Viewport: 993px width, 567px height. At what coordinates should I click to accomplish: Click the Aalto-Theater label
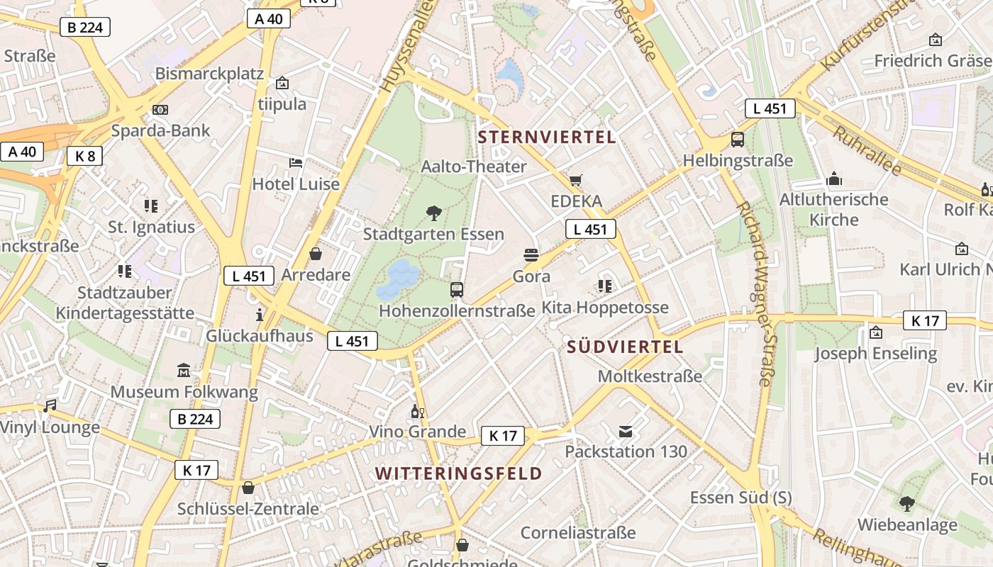click(474, 167)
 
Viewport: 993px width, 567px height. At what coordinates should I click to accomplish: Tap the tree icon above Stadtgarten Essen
click(433, 213)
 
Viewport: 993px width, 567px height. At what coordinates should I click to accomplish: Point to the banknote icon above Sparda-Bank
click(160, 110)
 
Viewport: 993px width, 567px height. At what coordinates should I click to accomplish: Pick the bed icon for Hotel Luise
click(296, 163)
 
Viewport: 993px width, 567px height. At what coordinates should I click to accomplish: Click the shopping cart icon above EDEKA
click(575, 181)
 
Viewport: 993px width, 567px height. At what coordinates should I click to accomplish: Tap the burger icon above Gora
click(531, 255)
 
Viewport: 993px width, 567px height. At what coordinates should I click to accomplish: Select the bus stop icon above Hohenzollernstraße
click(457, 289)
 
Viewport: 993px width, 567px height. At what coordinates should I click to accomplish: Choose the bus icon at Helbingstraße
click(738, 140)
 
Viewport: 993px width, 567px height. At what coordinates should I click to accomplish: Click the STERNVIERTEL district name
click(547, 137)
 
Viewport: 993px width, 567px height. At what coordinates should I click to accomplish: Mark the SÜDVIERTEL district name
click(625, 347)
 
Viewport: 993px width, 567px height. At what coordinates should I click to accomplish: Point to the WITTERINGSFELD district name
click(458, 473)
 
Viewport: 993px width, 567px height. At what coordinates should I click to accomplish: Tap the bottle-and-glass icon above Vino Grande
click(417, 411)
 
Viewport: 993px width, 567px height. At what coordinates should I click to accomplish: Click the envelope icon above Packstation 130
click(626, 431)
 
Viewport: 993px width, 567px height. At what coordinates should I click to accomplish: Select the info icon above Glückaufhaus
click(260, 315)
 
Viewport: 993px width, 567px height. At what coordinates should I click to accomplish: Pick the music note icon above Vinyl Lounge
click(50, 406)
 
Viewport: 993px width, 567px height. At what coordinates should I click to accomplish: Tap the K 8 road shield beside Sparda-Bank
click(85, 156)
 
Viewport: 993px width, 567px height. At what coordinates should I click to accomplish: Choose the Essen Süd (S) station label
click(740, 498)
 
